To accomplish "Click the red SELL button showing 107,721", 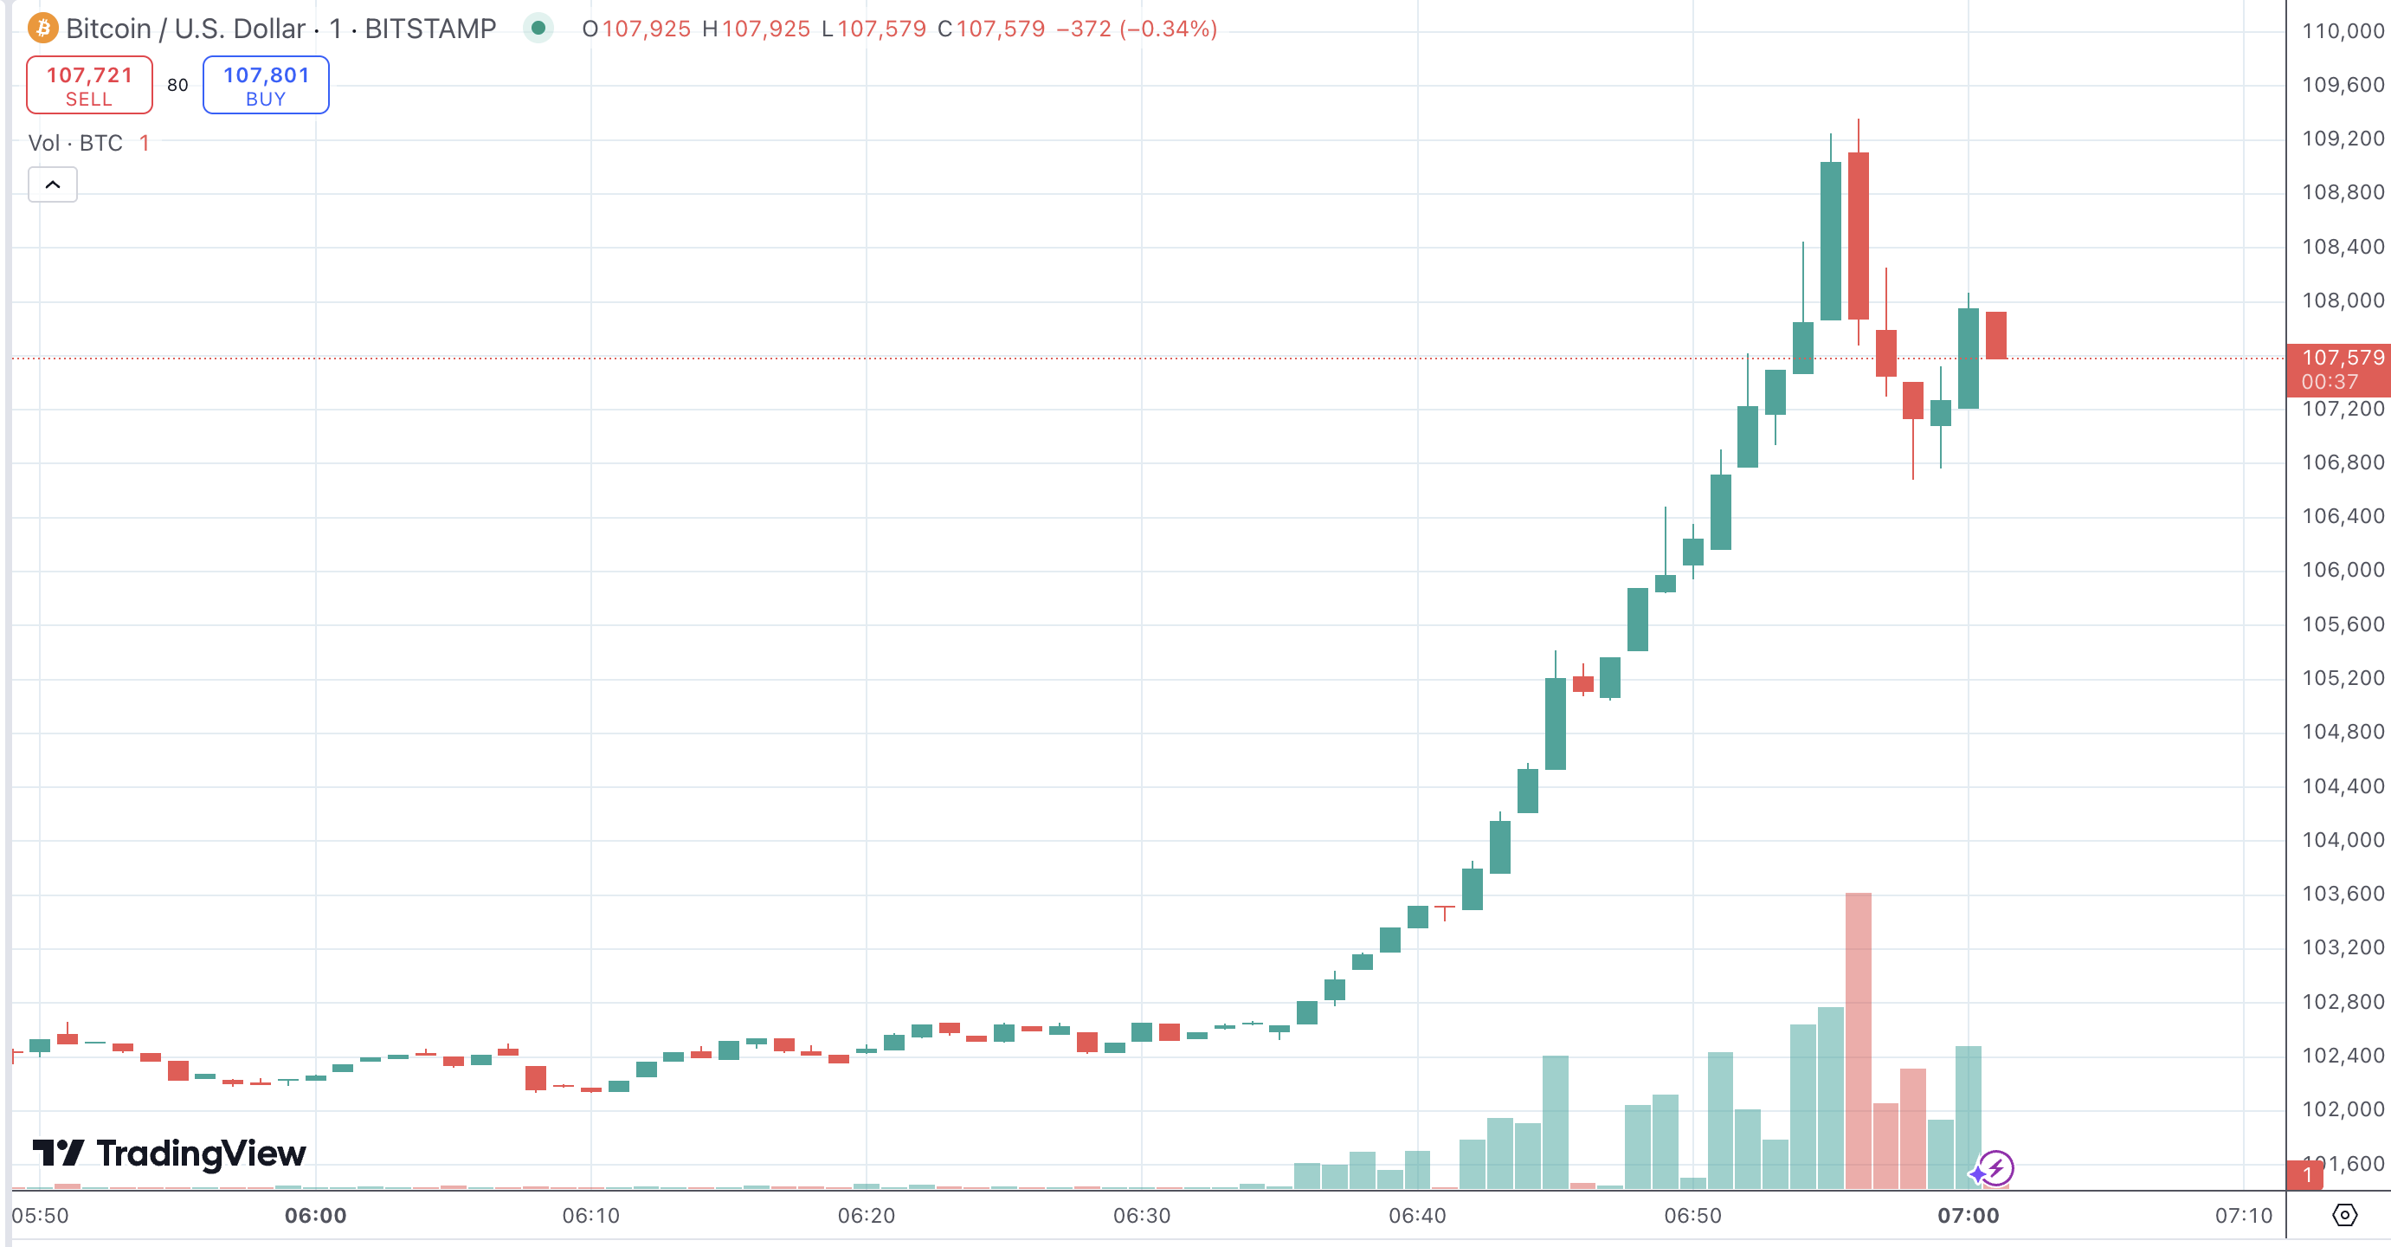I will click(89, 85).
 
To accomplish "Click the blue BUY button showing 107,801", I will click(266, 85).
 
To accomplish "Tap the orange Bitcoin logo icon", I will click(42, 29).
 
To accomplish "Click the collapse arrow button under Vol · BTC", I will click(53, 184).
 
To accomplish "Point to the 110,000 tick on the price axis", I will click(2342, 30).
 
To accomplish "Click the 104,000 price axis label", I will click(2342, 839).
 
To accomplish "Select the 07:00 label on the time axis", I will click(1967, 1216).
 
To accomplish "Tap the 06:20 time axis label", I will click(866, 1216).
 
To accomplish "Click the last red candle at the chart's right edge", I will click(1995, 334).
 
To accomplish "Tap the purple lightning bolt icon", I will click(1995, 1168).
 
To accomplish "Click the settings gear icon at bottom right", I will click(2343, 1214).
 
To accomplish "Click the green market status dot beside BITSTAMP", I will click(538, 28).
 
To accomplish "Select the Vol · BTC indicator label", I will click(75, 143).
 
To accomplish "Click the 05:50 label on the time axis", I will click(40, 1216).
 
